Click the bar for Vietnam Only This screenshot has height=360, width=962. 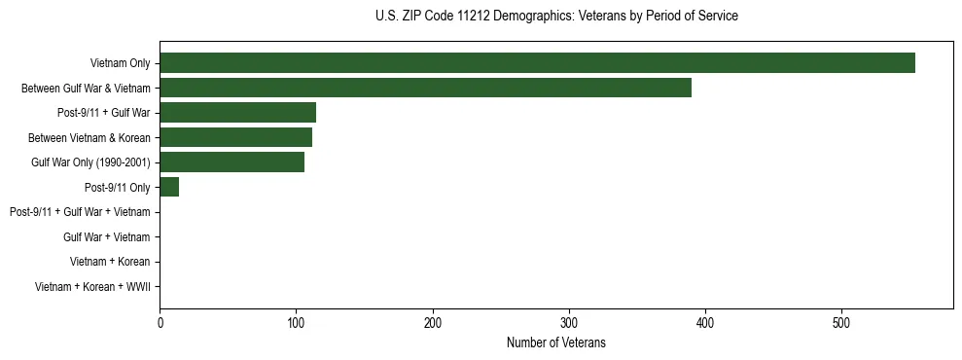537,63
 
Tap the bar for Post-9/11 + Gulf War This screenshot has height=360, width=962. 237,113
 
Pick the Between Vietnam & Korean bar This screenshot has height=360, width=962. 235,137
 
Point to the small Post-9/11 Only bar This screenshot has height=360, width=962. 169,187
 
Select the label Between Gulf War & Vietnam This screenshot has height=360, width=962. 86,89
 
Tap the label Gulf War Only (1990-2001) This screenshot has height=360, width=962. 90,162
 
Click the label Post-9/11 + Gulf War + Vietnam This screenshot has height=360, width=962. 80,212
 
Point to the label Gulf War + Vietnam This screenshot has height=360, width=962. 106,237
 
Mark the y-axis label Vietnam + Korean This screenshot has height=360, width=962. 110,262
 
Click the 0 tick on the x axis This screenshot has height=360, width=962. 160,323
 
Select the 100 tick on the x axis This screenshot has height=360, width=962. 296,323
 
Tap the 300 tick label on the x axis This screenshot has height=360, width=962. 569,323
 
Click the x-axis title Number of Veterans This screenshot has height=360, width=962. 555,342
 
